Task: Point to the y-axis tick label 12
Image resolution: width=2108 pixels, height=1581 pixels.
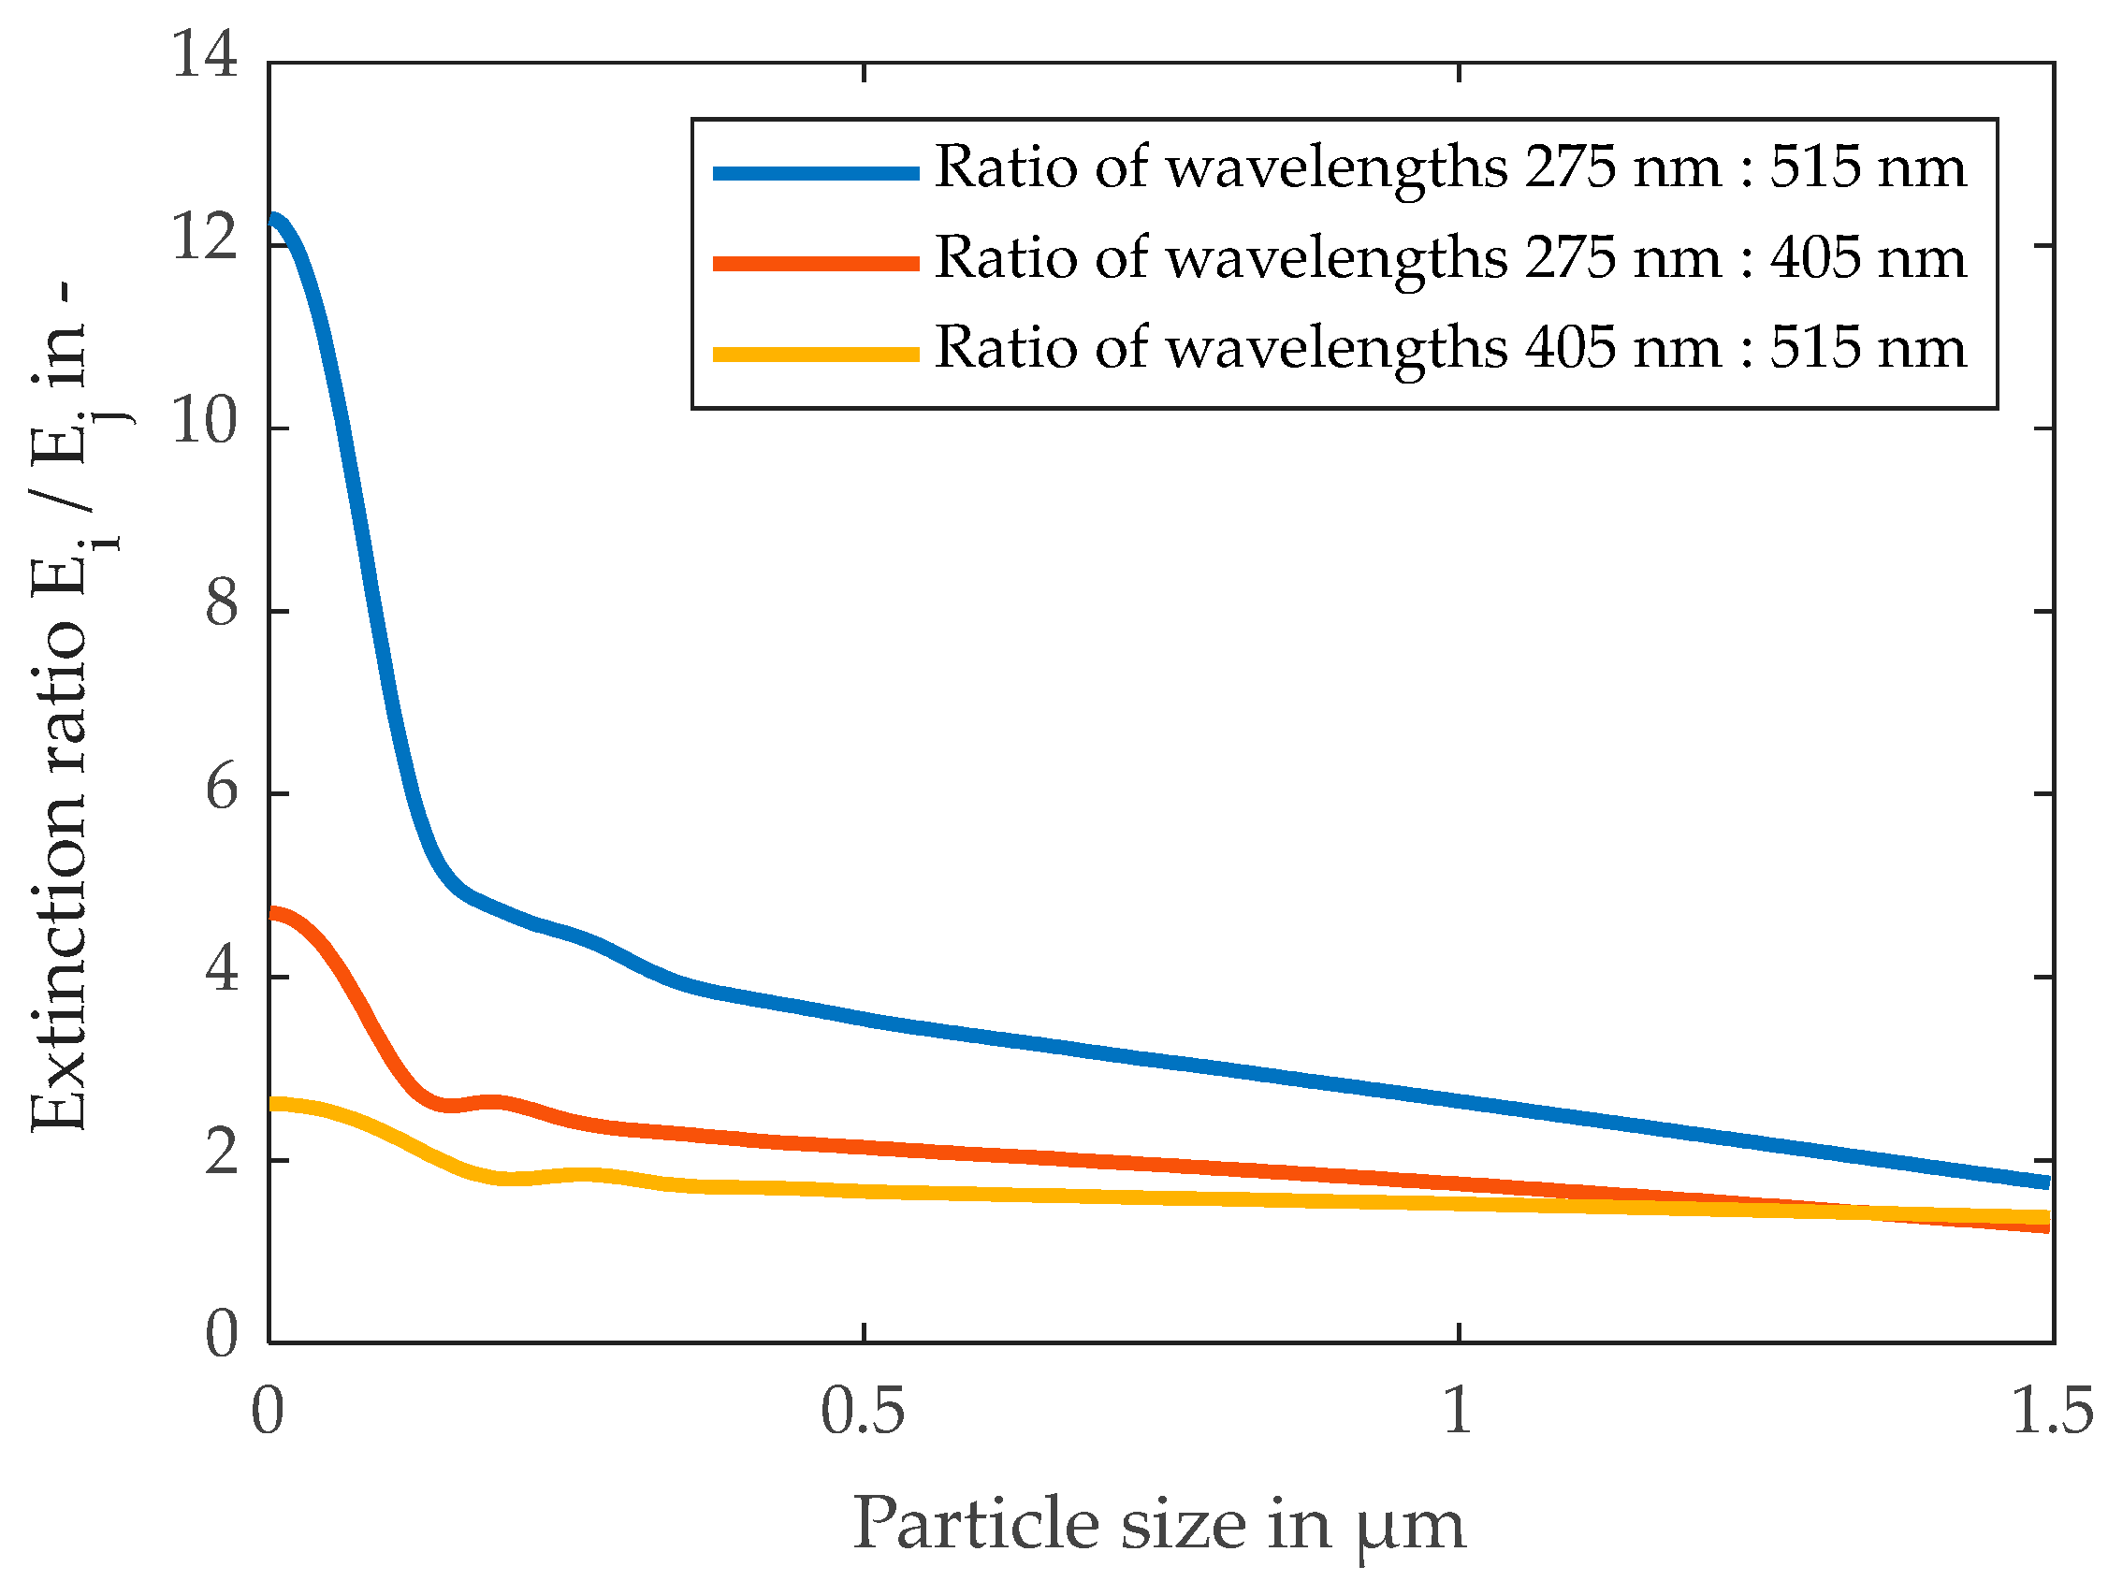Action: pos(204,238)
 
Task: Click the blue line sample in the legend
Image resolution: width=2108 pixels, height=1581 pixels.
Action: pos(816,173)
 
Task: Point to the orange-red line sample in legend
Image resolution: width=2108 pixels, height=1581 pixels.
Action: pos(816,264)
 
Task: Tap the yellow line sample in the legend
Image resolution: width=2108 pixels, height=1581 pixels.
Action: pos(816,355)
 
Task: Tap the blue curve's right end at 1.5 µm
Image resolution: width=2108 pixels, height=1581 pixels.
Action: pos(2045,1182)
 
